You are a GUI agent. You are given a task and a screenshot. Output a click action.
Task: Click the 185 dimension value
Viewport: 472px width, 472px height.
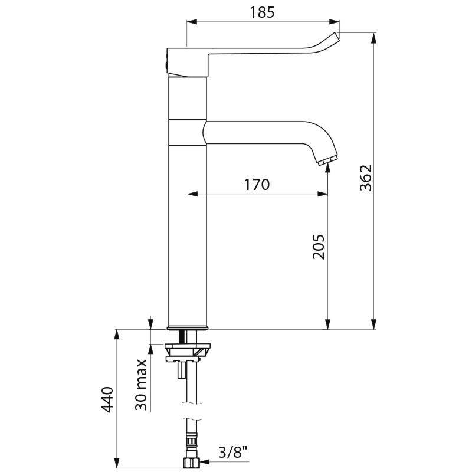pyautogui.click(x=262, y=12)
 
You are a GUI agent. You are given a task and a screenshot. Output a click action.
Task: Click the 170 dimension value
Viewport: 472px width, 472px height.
pyautogui.click(x=257, y=184)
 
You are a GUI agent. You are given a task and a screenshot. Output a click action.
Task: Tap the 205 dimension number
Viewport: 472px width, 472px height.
pyautogui.click(x=319, y=247)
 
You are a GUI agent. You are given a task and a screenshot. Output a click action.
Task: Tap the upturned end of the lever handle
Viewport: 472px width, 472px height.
pyautogui.click(x=334, y=38)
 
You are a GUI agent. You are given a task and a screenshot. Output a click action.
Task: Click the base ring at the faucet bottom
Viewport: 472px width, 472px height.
pyautogui.click(x=188, y=326)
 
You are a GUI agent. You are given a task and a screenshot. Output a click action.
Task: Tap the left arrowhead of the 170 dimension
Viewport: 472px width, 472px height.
pyautogui.click(x=191, y=194)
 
